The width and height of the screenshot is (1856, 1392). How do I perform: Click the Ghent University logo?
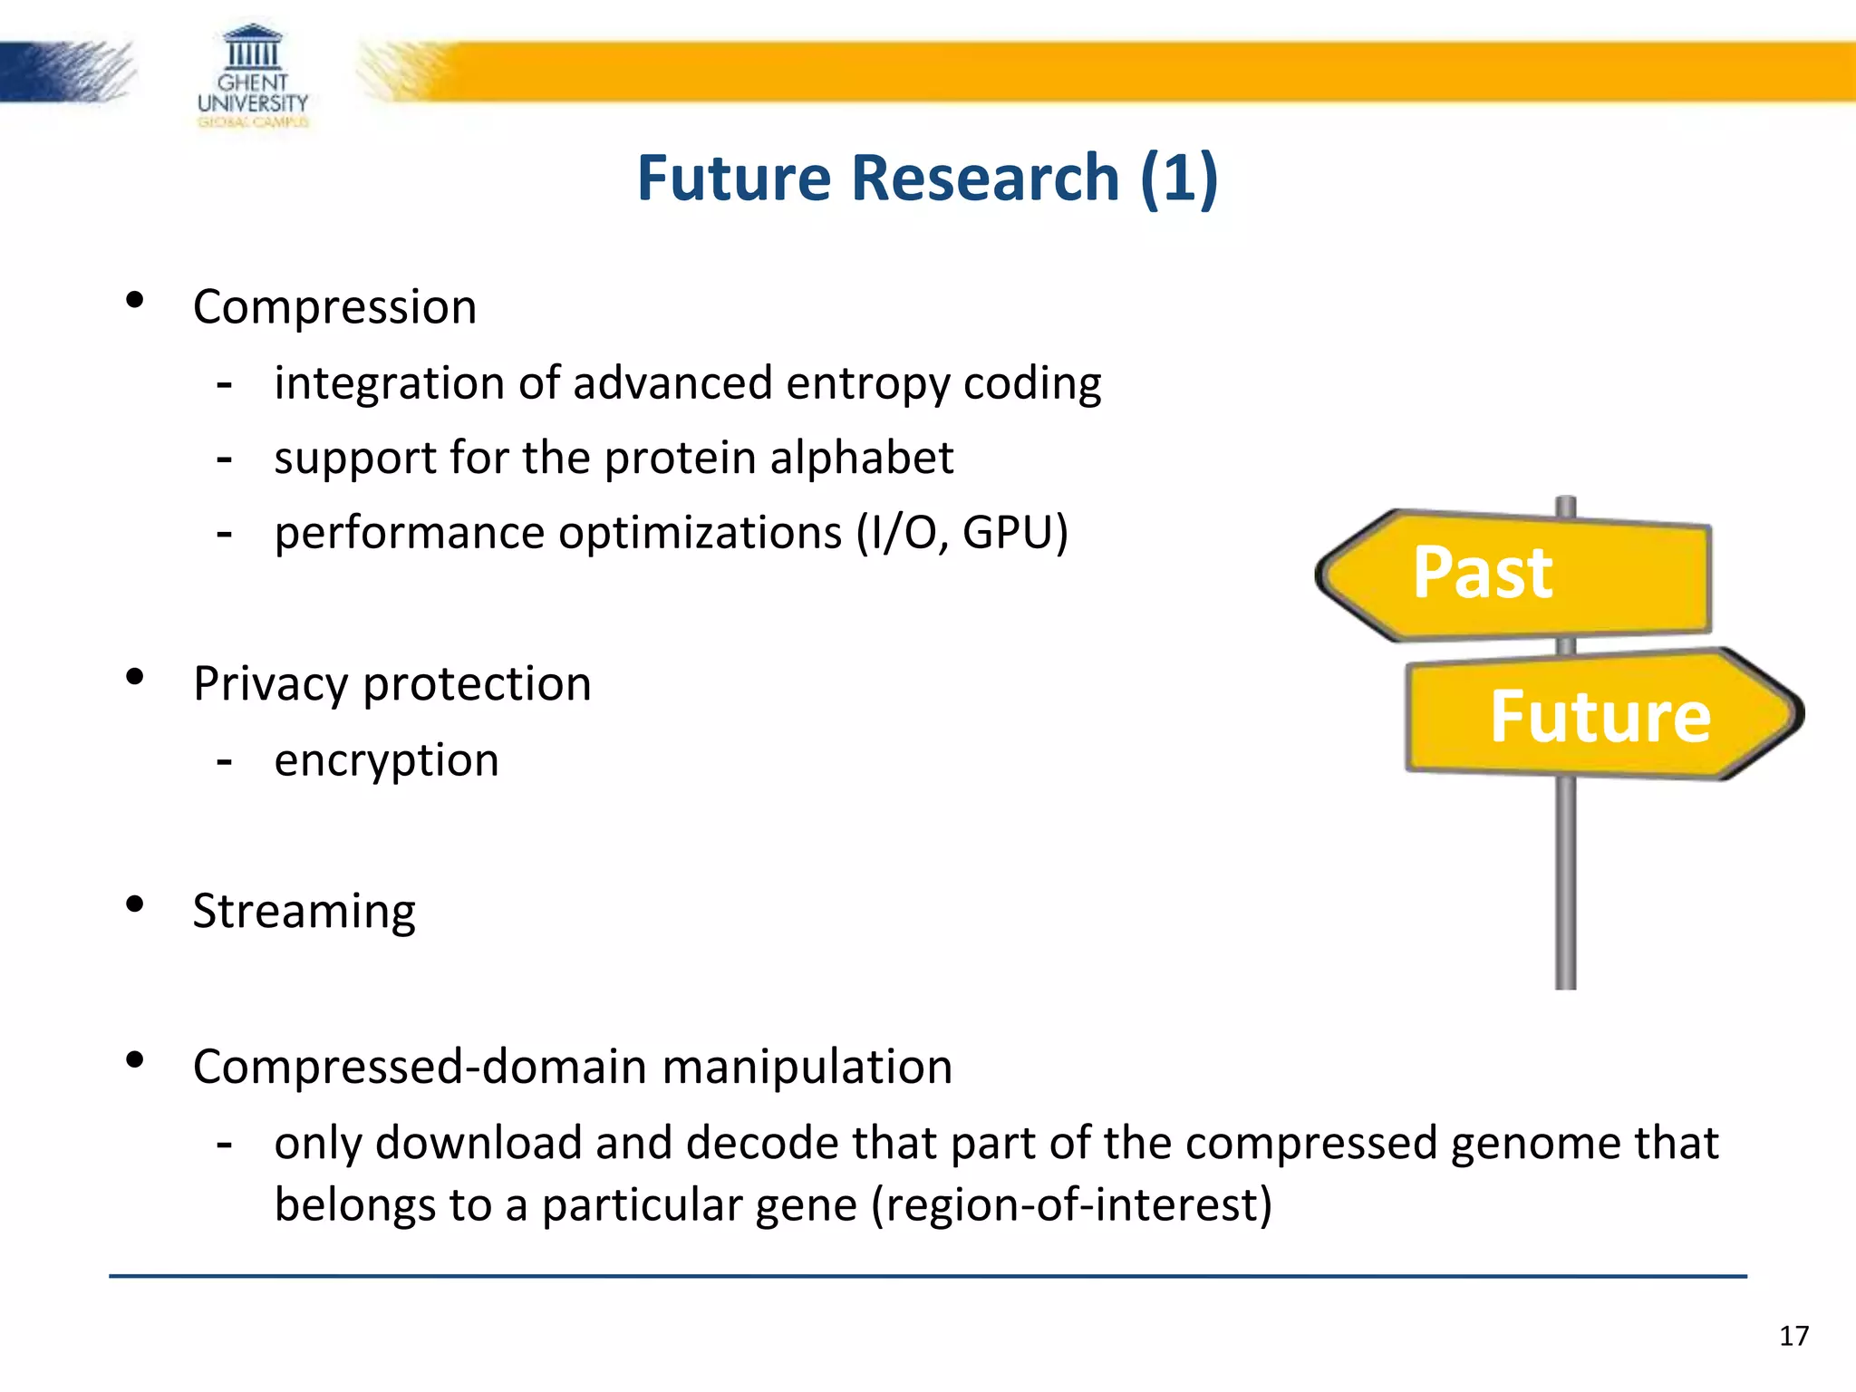click(x=253, y=76)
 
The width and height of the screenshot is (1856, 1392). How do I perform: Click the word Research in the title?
click(x=985, y=178)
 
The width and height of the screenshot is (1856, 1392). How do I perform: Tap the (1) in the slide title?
click(x=1179, y=178)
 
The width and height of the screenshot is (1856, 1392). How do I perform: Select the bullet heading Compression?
click(x=334, y=307)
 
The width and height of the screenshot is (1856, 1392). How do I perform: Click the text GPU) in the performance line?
click(x=1015, y=533)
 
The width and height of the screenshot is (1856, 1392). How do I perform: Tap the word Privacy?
click(x=270, y=684)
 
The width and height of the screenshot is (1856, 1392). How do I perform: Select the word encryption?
click(x=386, y=760)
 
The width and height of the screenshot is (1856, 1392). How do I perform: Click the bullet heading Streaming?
click(x=304, y=911)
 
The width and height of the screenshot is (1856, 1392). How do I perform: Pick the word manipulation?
click(x=807, y=1067)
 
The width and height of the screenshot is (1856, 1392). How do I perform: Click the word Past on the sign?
click(x=1483, y=574)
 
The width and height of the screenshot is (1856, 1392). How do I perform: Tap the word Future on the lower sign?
click(x=1600, y=717)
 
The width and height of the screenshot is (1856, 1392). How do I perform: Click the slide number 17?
click(x=1793, y=1336)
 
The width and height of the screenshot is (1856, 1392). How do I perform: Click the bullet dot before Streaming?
click(x=135, y=904)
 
